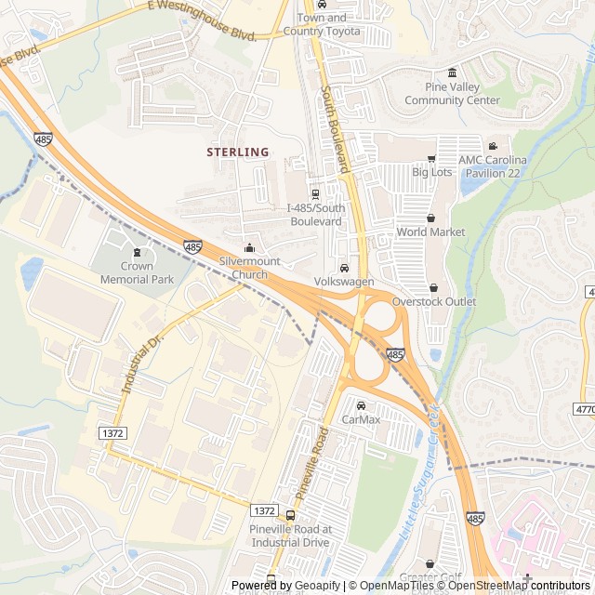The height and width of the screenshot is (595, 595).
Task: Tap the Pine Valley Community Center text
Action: click(x=452, y=94)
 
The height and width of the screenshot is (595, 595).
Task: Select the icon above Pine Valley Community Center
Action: click(x=452, y=73)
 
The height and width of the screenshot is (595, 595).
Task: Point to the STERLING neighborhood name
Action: click(x=238, y=152)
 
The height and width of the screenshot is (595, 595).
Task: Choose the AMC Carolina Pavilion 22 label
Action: click(x=492, y=166)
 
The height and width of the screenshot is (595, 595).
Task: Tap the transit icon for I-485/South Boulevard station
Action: click(x=316, y=194)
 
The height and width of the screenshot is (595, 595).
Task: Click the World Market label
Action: click(x=430, y=231)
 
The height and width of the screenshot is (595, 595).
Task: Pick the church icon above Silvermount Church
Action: click(x=249, y=248)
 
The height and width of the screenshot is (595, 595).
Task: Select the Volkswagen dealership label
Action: click(x=344, y=281)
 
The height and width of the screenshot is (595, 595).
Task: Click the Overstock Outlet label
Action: click(x=433, y=301)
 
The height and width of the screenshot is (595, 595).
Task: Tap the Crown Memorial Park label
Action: click(x=138, y=272)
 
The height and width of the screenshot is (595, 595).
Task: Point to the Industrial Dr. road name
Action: click(x=142, y=364)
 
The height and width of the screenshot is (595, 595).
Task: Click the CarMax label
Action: click(x=362, y=419)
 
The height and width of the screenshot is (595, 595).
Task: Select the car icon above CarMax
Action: click(x=362, y=405)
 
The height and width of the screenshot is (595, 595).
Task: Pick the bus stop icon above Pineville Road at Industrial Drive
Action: click(x=290, y=515)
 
